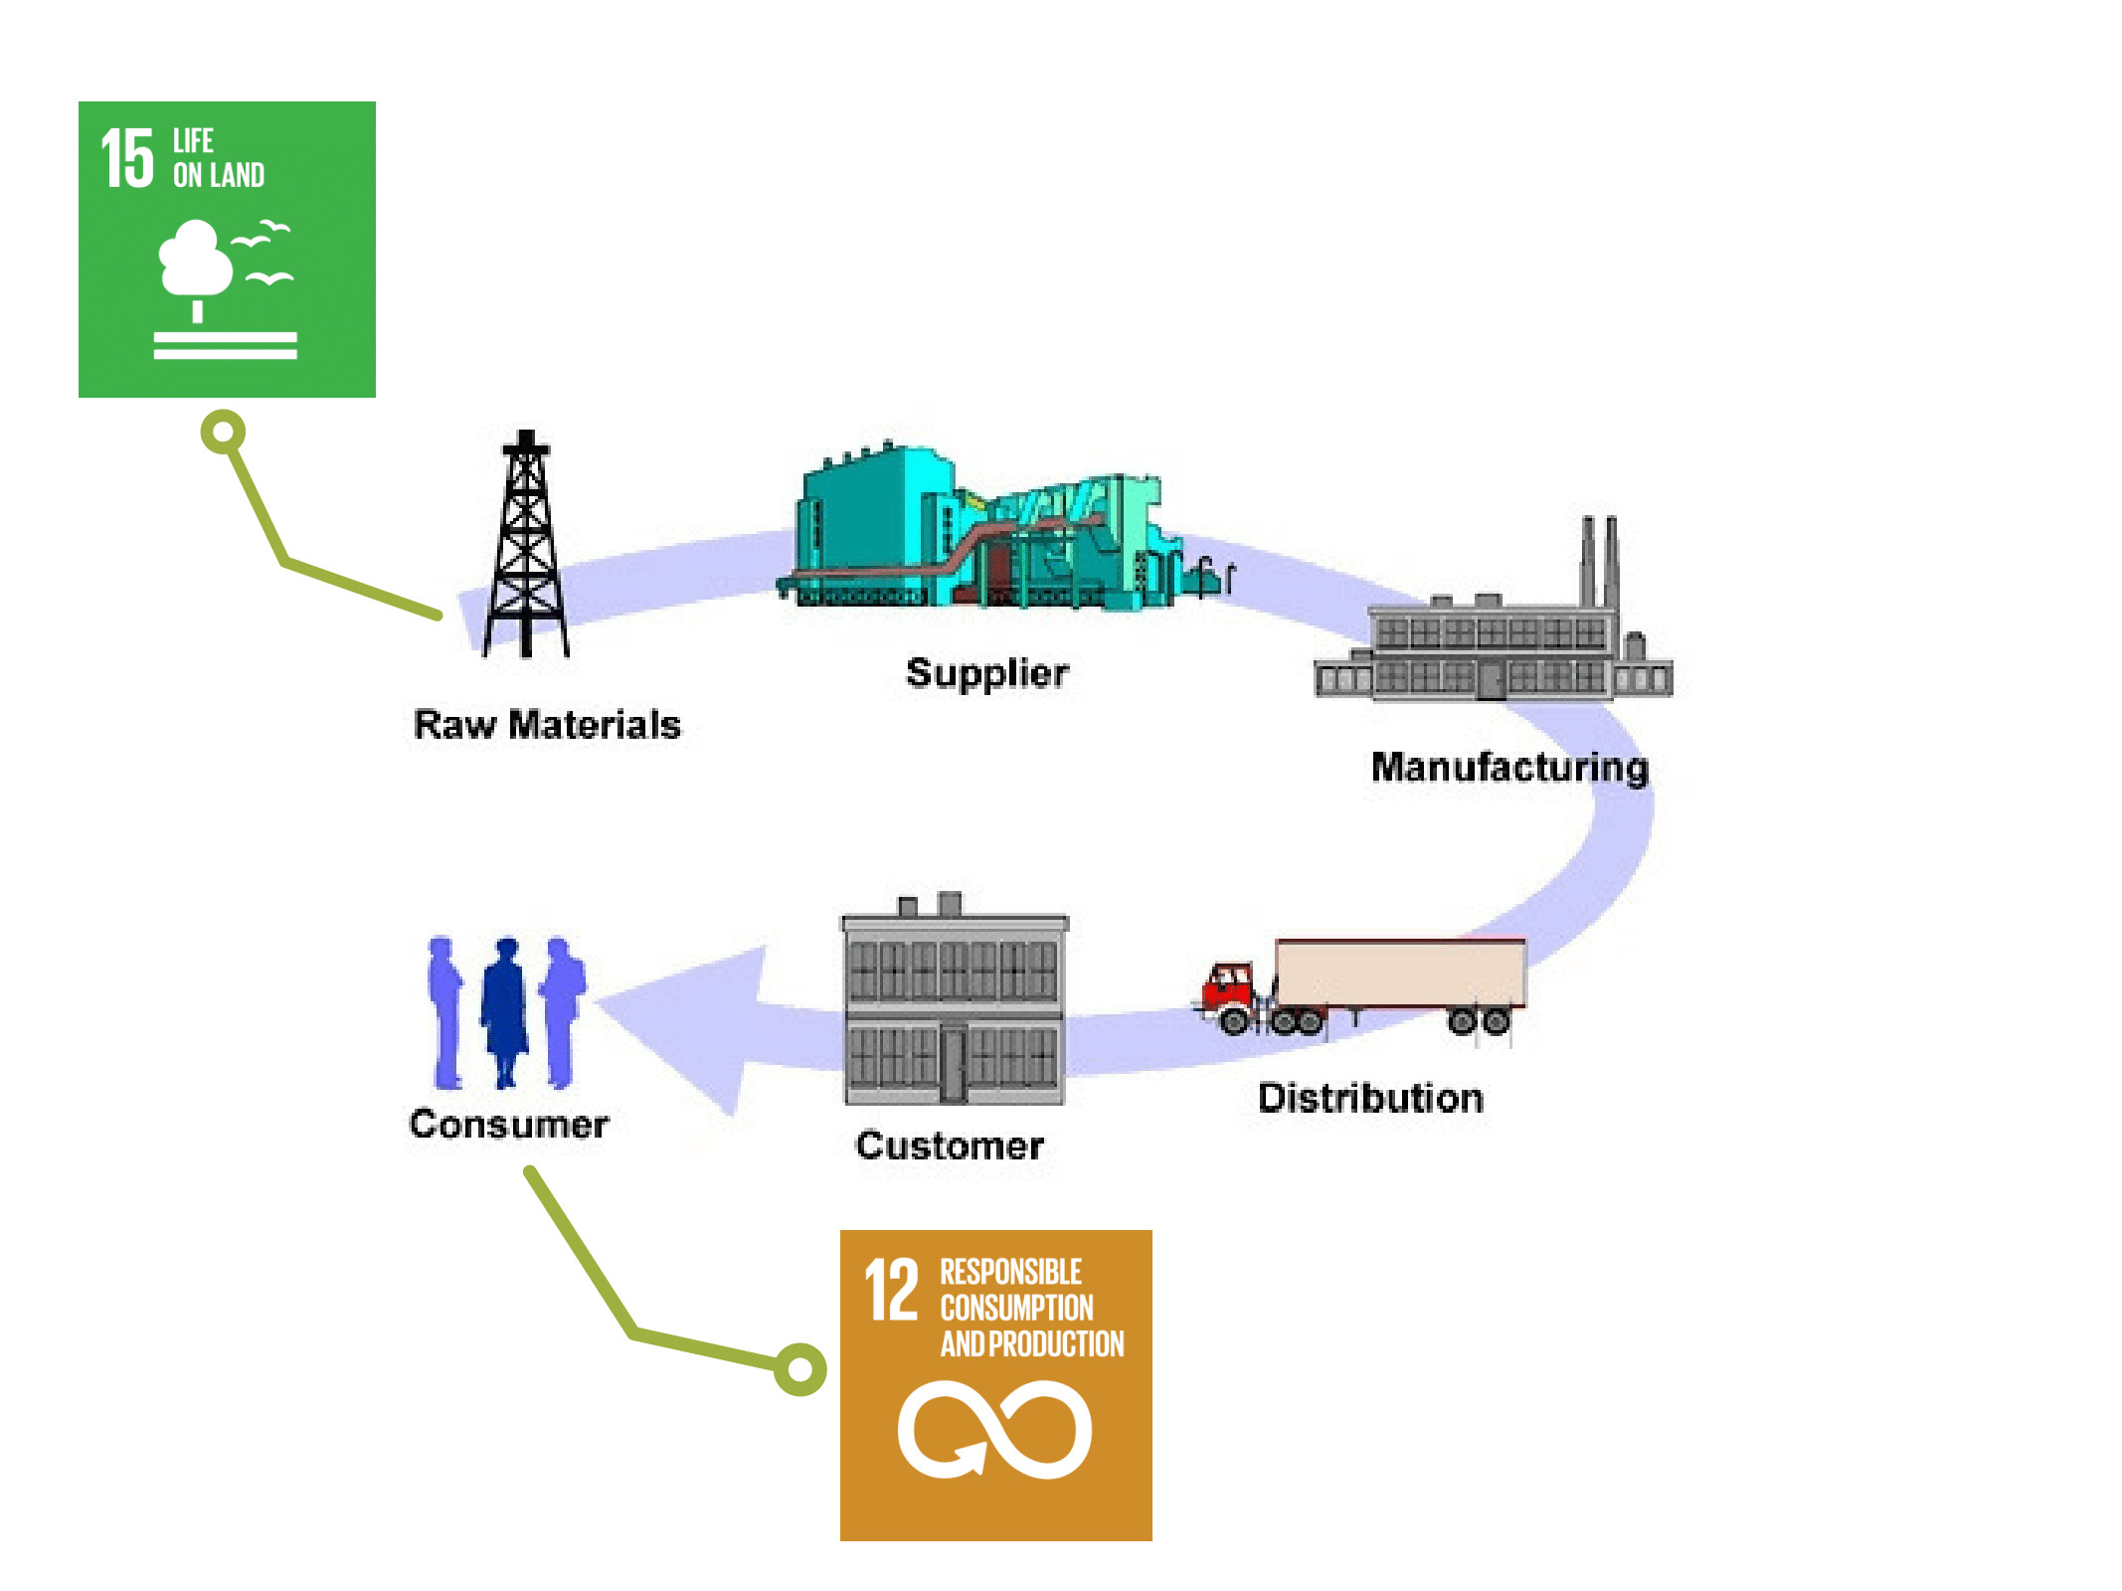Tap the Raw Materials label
tap(547, 725)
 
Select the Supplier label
tap(987, 673)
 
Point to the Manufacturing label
tap(1509, 768)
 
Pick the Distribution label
tap(1370, 1098)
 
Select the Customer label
tap(950, 1146)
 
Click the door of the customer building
tap(954, 1064)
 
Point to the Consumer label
tap(508, 1124)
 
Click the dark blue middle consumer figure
tap(506, 1009)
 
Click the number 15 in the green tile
tap(128, 158)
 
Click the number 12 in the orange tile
tap(891, 1290)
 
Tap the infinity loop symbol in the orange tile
tap(994, 1430)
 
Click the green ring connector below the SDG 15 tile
tap(223, 432)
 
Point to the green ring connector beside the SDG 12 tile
tap(800, 1369)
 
